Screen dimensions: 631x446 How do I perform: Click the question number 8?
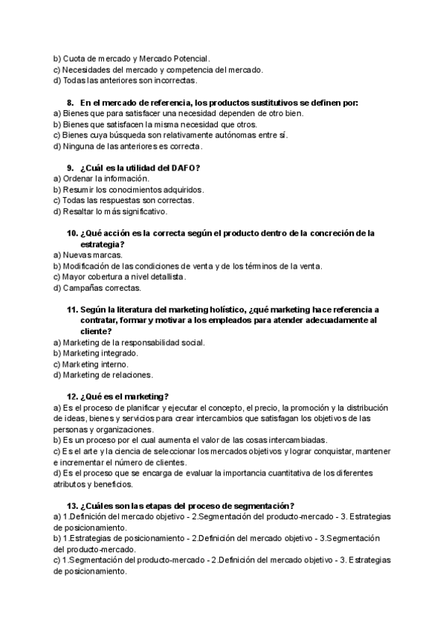coord(70,102)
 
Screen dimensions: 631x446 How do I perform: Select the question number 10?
coord(72,233)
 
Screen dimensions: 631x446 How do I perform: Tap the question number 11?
coord(72,309)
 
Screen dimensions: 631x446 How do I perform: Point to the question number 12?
coord(72,396)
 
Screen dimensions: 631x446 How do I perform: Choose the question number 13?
coord(72,505)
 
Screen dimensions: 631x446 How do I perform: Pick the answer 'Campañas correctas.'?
coord(101,287)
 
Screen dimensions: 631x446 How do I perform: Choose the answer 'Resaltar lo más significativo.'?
coord(115,211)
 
